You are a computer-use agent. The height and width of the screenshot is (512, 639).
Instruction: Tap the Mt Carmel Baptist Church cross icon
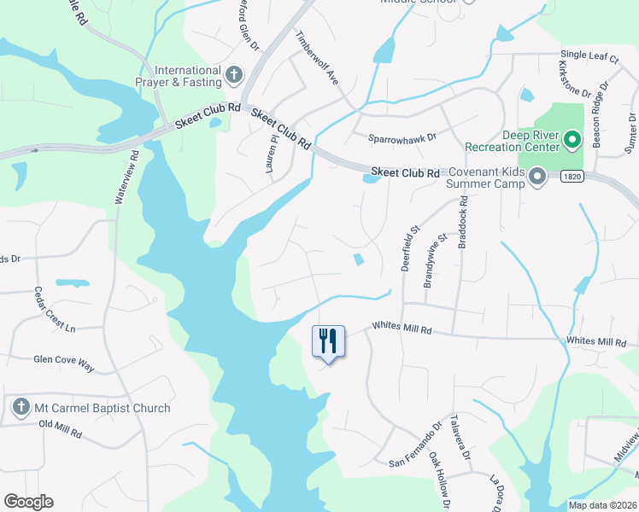point(21,408)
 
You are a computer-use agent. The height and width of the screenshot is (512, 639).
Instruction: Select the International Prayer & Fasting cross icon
point(233,76)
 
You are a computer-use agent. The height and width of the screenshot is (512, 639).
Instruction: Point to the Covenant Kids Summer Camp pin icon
point(537,177)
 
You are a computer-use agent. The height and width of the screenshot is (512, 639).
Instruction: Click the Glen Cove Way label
point(63,362)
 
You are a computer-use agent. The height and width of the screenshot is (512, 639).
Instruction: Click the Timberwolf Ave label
point(318,56)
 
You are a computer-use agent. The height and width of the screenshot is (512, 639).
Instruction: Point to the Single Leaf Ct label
point(589,55)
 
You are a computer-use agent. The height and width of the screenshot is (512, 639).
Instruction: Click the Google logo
point(28,502)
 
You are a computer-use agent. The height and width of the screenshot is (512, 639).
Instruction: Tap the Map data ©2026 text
point(601,505)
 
